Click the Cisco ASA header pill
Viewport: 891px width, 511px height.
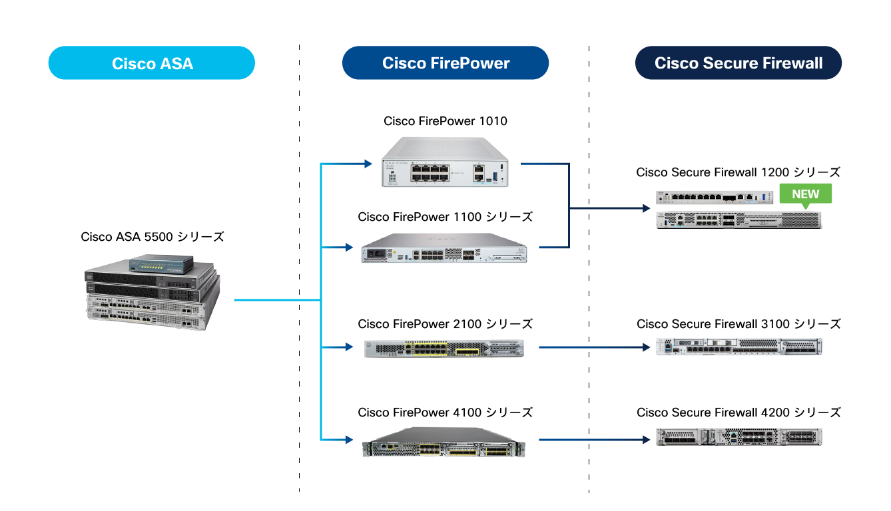[152, 63]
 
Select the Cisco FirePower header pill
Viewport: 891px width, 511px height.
[445, 63]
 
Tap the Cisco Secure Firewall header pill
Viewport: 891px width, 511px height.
[738, 63]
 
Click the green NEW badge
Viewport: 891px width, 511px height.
[805, 194]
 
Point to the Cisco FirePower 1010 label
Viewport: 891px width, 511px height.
[445, 121]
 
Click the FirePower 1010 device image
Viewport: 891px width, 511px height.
[445, 162]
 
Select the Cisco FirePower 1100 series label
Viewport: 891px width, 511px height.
[445, 217]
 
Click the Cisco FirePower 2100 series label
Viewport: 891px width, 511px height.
[445, 324]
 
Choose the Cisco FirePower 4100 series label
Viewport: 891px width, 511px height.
[445, 413]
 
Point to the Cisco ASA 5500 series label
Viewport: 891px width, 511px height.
[152, 237]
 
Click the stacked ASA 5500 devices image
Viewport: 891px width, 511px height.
[152, 293]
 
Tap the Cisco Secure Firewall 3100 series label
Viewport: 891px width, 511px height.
[739, 324]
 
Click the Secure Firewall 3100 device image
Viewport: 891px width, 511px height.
[739, 347]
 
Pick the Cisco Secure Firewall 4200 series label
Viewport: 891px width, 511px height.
[739, 413]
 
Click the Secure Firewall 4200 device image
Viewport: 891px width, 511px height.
[739, 437]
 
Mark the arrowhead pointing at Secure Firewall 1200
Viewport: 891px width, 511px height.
[645, 209]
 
